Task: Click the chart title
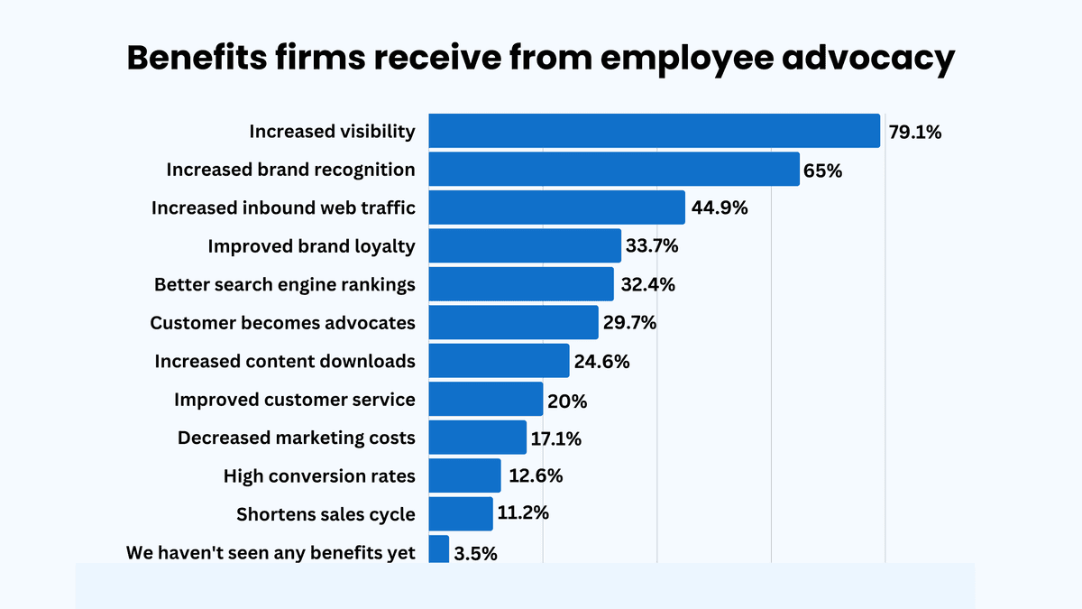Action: (x=540, y=58)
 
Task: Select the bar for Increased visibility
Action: (x=654, y=131)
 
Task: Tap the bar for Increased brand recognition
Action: (x=614, y=170)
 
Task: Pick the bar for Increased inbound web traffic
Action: (x=556, y=208)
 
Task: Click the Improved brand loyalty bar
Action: (x=525, y=245)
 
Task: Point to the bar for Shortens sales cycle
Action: (x=461, y=513)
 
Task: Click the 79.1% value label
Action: (x=914, y=132)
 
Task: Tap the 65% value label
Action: (x=822, y=170)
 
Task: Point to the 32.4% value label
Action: (x=647, y=284)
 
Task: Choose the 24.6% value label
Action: (x=602, y=361)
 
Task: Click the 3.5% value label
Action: (x=475, y=553)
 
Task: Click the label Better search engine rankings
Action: (x=285, y=284)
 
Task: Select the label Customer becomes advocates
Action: (x=282, y=322)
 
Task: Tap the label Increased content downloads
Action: (x=285, y=361)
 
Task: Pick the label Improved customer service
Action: (x=295, y=399)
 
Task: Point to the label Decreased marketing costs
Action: (x=297, y=438)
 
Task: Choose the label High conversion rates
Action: (x=319, y=475)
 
